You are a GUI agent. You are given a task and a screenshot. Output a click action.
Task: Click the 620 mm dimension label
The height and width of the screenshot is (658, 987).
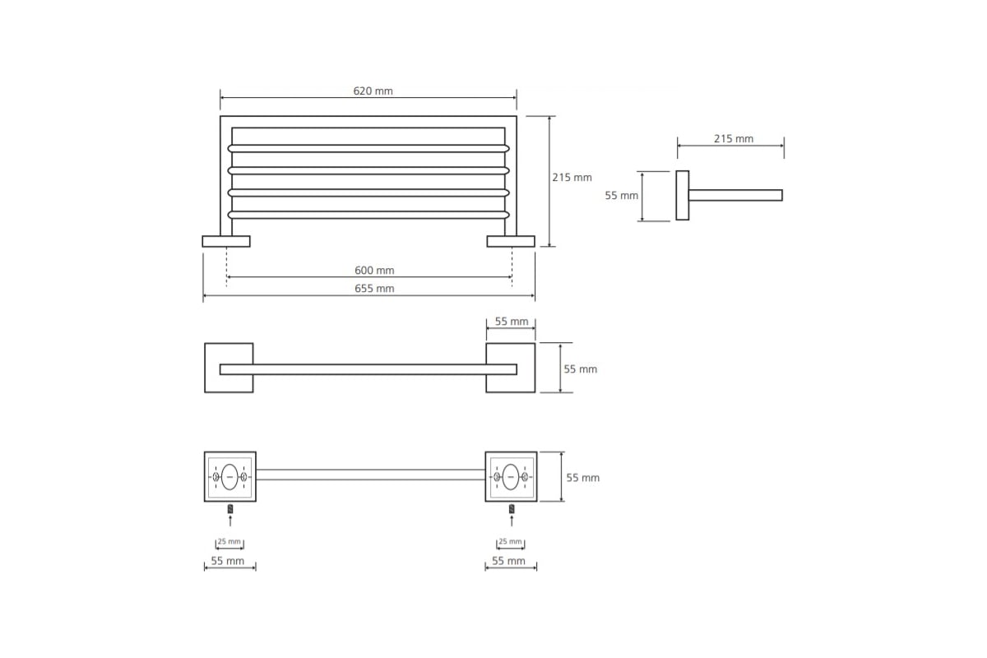(373, 90)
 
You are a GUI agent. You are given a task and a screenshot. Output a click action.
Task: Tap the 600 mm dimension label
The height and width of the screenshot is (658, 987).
(374, 270)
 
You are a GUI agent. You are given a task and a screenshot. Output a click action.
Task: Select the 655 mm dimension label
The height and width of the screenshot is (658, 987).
(374, 288)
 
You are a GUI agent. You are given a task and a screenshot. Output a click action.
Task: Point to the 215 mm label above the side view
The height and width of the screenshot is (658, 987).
(734, 138)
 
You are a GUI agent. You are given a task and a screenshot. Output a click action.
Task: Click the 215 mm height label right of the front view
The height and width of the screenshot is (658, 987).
(572, 177)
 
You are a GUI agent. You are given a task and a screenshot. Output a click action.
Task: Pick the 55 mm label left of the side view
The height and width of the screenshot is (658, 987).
(621, 195)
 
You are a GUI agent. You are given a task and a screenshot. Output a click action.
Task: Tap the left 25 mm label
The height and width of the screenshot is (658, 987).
(229, 541)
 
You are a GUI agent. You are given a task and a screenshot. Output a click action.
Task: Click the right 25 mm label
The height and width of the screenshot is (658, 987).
(510, 541)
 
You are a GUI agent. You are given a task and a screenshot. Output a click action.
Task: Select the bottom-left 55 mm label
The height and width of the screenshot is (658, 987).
(227, 561)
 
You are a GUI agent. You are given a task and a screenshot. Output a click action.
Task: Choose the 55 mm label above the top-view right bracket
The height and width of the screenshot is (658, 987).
(511, 322)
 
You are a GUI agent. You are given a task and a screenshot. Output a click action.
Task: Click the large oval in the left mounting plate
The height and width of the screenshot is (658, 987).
(229, 477)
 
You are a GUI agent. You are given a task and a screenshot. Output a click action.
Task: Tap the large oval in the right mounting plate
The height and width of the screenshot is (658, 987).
(511, 477)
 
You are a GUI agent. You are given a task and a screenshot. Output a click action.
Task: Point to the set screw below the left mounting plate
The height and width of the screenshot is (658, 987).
(230, 509)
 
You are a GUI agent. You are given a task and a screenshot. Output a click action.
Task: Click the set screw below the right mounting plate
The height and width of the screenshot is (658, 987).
(512, 509)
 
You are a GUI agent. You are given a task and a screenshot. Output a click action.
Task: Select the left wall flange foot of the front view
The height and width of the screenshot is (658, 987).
(226, 241)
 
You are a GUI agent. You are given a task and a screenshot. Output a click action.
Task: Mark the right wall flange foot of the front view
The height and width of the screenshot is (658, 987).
(511, 241)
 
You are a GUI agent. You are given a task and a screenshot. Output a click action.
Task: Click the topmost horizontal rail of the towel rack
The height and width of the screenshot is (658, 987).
(368, 149)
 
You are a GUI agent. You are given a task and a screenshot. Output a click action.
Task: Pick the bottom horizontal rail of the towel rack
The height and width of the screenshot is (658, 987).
(368, 215)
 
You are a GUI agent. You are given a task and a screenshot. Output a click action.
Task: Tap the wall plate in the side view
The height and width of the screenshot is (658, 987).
(682, 195)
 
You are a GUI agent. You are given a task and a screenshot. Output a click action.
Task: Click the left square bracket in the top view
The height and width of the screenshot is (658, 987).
(229, 368)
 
